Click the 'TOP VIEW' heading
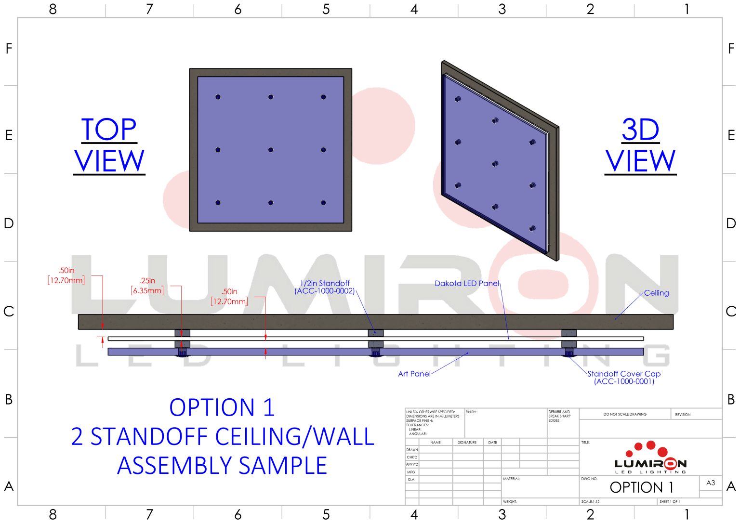pos(109,145)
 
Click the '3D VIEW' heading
pos(640,145)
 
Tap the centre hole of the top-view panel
pos(271,150)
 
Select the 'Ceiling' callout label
pos(656,293)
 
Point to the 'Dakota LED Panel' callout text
pos(466,283)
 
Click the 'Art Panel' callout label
pos(414,374)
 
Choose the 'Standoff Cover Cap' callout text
pos(624,374)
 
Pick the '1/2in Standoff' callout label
pos(325,284)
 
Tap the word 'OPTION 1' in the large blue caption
pos(222,408)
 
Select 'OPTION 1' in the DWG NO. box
pos(641,487)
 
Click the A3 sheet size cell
pos(711,483)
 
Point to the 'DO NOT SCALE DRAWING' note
pos(625,414)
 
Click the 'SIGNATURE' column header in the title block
pos(467,442)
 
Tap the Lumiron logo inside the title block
pos(650,458)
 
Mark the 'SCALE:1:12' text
pos(590,502)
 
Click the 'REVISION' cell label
pos(683,414)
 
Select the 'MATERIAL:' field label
pos(511,479)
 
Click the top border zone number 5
pos(326,9)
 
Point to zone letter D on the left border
pos(9,223)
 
